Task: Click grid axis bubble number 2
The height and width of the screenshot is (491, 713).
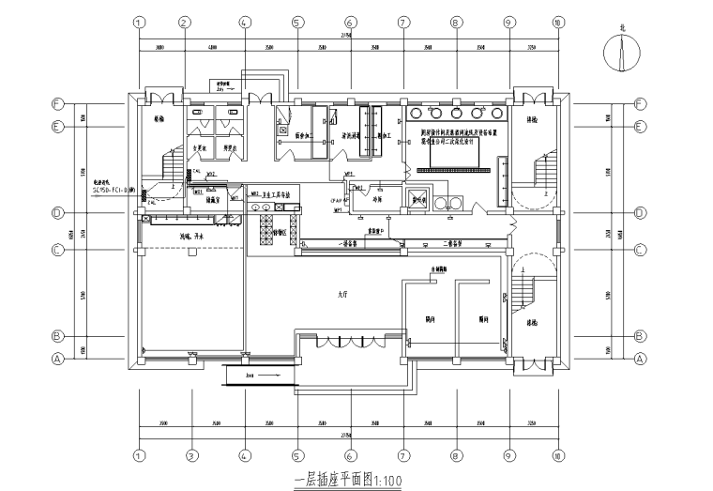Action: click(184, 23)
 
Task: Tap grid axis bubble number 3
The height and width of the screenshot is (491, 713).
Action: click(190, 456)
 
